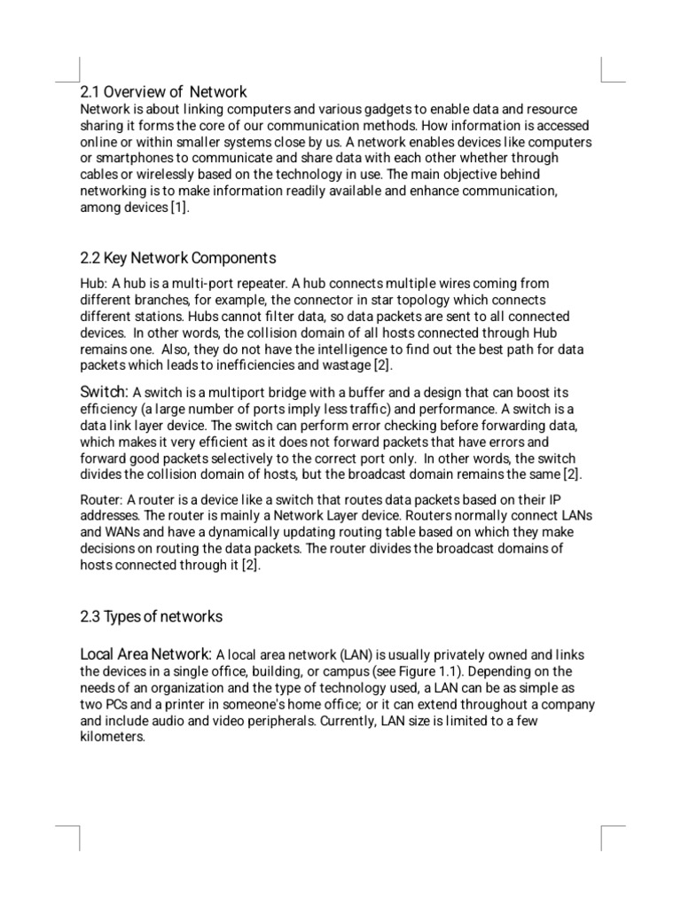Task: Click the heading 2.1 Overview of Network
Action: pos(163,92)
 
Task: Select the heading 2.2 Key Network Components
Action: pos(178,258)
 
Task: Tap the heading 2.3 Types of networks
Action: pos(151,616)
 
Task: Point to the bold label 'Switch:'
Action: pos(105,392)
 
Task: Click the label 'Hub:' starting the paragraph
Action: pos(94,284)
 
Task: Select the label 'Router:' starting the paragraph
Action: pos(101,499)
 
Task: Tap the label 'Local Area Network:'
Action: pos(145,654)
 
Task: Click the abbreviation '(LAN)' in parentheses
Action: pos(358,655)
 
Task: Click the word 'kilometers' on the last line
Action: pos(111,738)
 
